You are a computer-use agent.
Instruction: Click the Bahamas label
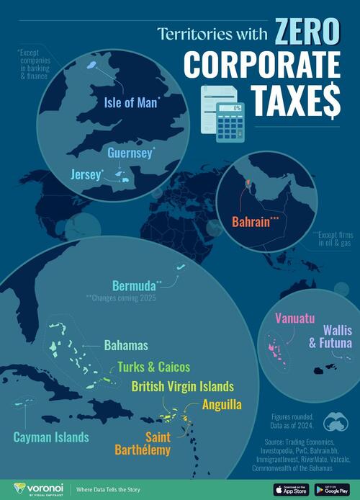tap(126, 345)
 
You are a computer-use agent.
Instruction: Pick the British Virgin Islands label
tap(182, 386)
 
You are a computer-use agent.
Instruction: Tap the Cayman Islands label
tap(51, 437)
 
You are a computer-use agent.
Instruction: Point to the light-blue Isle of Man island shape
tap(93, 65)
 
